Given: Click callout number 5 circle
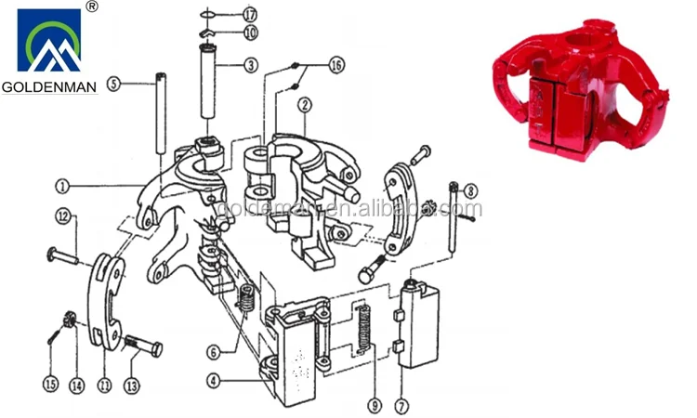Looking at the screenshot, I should point(114,83).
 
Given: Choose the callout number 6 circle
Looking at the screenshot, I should point(214,352).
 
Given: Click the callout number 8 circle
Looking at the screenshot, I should point(471,190).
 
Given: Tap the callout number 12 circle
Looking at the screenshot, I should point(62,216).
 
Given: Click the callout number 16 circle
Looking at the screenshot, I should point(335,66).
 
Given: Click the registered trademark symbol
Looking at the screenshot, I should point(91,7).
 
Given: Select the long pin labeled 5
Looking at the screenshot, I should point(159,116).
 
